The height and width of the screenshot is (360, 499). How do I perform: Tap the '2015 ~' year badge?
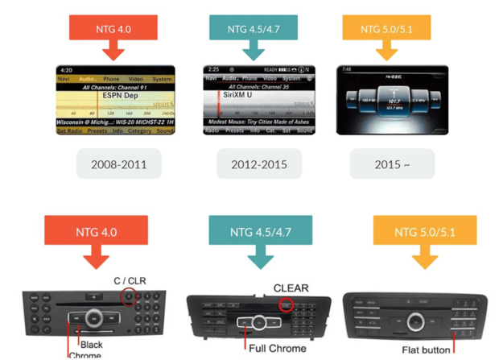pos(392,164)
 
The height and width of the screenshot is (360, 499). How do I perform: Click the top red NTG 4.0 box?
pos(113,29)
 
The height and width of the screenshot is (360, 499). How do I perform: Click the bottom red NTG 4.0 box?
pos(96,233)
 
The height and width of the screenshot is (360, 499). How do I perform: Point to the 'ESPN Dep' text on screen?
pos(122,95)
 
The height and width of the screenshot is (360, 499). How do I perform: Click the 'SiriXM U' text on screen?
pos(238,95)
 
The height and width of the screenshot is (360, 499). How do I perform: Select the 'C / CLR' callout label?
pos(129,280)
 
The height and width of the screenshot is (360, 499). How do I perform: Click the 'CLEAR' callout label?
pos(291,288)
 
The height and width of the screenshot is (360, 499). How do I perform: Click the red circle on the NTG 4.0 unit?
pos(129,297)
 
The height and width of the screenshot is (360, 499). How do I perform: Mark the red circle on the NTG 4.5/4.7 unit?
pos(285,304)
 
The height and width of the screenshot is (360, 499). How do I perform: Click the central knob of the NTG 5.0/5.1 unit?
pos(414,322)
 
